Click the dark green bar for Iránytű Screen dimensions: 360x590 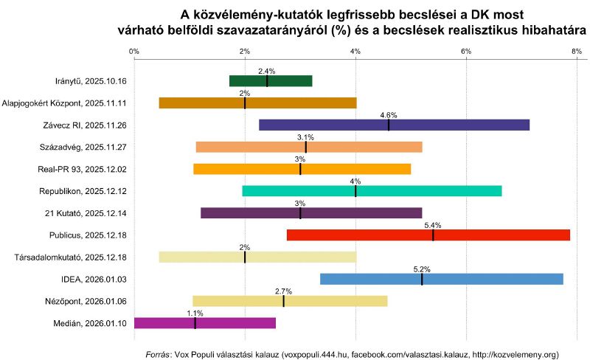click(271, 81)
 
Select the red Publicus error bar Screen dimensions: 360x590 click(428, 235)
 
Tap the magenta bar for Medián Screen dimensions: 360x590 click(204, 323)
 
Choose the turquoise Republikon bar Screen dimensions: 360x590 click(372, 191)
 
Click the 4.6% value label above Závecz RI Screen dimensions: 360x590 click(389, 115)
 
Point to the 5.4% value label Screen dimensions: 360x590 click(433, 226)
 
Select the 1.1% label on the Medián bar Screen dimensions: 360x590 click(195, 314)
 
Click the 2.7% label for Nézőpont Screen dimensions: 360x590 click(283, 291)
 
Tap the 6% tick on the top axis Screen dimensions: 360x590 click(466, 51)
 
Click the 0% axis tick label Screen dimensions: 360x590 click(133, 51)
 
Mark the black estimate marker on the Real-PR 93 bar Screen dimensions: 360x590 click(300, 169)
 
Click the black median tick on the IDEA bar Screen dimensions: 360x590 click(422, 279)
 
